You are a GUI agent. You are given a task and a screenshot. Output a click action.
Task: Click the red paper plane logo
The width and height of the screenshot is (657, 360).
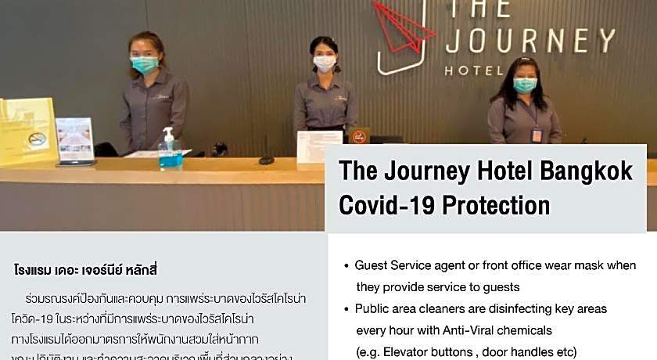point(403,23)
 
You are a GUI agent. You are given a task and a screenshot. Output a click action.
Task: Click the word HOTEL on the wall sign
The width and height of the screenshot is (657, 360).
point(473,70)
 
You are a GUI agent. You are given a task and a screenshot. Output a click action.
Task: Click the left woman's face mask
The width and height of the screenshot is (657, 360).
point(144,65)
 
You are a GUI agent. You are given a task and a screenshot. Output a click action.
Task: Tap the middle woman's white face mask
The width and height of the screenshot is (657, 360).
point(325,63)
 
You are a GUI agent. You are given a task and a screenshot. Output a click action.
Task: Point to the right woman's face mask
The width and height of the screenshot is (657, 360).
point(525,85)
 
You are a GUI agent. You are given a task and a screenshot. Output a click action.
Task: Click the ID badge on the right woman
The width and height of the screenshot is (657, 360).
point(537,135)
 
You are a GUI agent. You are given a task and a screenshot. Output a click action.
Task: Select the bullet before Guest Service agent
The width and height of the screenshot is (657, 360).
point(346,266)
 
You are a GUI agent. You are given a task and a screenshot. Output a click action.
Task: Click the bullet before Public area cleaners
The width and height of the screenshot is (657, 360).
point(346,309)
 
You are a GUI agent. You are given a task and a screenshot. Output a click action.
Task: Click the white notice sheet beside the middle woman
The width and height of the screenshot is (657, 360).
point(319,146)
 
